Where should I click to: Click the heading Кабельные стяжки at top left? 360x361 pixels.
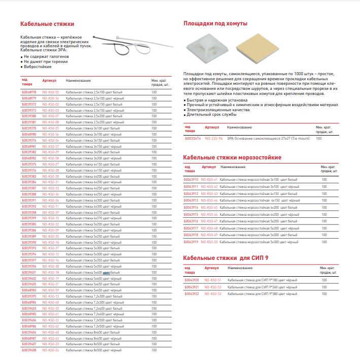(x=47, y=24)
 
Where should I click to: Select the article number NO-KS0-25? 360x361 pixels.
(x=51, y=128)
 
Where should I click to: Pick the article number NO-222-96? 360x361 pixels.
(x=213, y=138)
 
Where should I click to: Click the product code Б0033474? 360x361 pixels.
(x=192, y=138)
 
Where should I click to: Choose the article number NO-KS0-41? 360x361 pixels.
(x=209, y=180)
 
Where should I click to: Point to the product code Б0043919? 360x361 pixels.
(x=191, y=242)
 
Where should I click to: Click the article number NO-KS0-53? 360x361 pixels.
(x=213, y=293)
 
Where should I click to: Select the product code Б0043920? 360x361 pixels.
(x=192, y=280)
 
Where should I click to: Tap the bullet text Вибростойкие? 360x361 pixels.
(x=38, y=67)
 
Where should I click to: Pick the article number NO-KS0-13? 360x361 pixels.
(x=51, y=296)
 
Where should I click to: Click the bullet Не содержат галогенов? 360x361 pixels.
(x=46, y=56)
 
